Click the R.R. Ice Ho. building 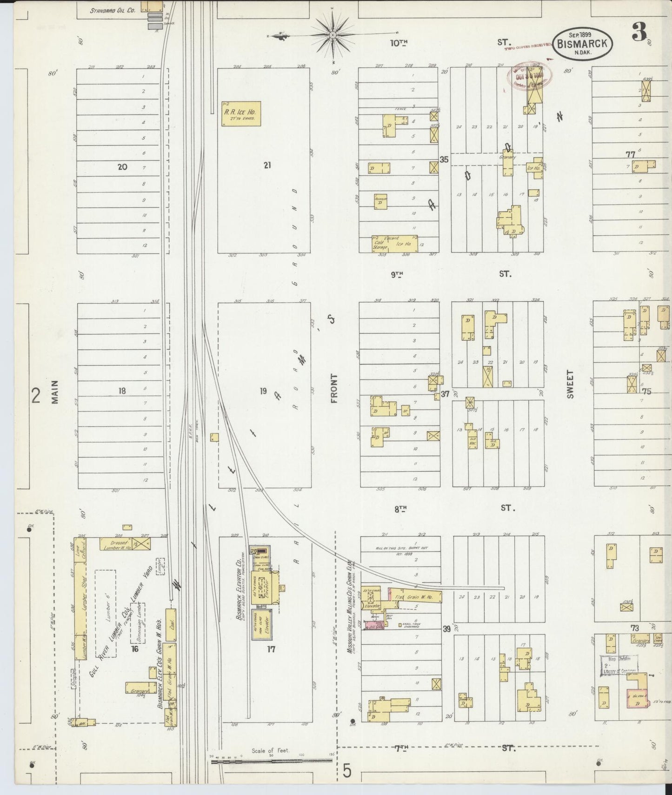click(241, 114)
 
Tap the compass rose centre click(333, 35)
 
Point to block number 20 click(122, 166)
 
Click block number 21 click(267, 165)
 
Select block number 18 click(122, 391)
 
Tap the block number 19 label click(263, 391)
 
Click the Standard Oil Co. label click(113, 9)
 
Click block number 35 click(444, 159)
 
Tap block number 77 click(630, 154)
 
